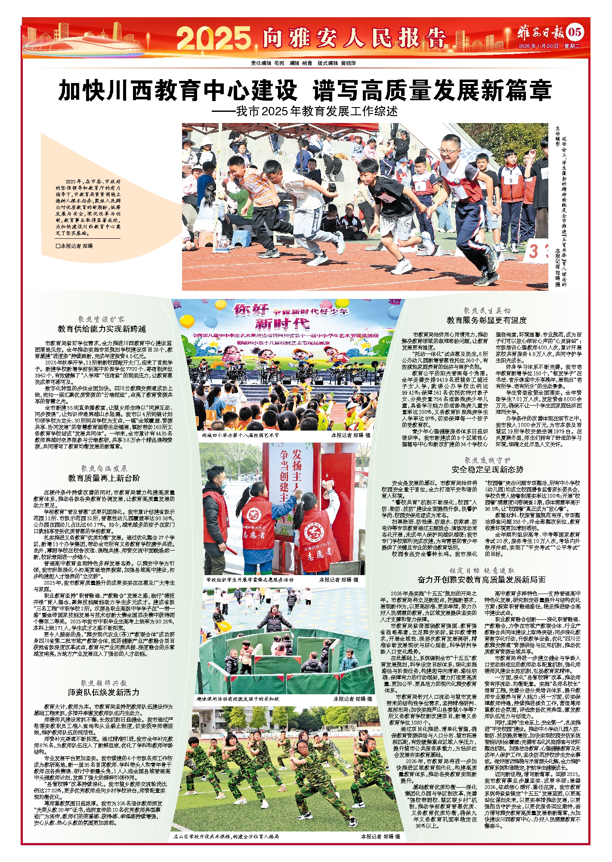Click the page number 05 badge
point(575,32)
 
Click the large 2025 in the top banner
point(214,38)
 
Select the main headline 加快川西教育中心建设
point(178,90)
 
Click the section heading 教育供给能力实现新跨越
point(102,329)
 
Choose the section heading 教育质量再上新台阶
point(104,478)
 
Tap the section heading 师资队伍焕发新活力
point(104,692)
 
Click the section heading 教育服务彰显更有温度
point(486,320)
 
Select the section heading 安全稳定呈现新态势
point(487,469)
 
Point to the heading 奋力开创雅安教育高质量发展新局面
point(481,579)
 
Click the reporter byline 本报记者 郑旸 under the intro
point(74,246)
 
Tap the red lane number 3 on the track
point(533,251)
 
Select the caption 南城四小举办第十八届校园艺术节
point(240,435)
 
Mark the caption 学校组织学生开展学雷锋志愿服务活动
point(250,580)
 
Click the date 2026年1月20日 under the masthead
point(538,46)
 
